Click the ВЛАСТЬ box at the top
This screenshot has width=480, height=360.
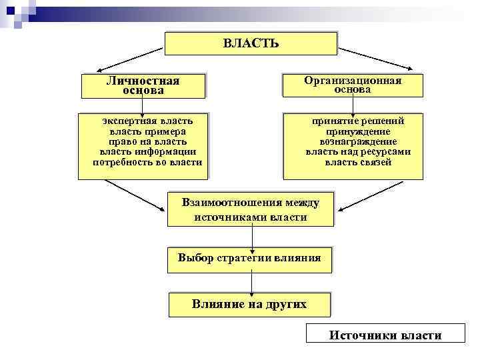point(251,43)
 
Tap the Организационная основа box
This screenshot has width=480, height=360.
point(353,85)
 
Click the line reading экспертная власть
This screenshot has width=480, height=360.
point(147,121)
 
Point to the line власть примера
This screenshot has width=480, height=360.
point(147,131)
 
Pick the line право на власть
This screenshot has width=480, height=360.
point(147,141)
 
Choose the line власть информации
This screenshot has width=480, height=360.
point(147,151)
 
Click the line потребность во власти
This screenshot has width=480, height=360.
point(147,162)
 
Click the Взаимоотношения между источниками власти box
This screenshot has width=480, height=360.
point(250,209)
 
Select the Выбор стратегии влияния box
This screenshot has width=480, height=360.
point(249,258)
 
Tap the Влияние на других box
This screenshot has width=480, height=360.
point(249,305)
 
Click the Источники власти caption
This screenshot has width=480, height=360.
point(385,335)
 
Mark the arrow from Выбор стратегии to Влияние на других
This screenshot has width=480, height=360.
point(251,281)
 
